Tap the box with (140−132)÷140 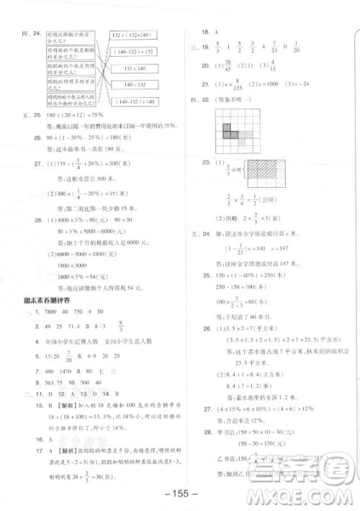point(132,101)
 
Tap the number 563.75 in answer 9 point(53,382)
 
